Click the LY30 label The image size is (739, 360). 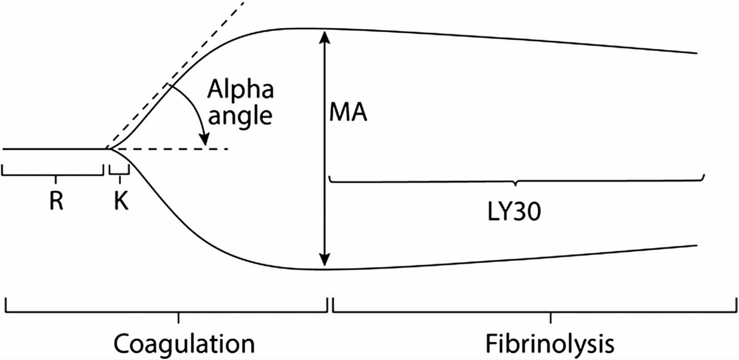(514, 212)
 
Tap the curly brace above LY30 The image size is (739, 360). (516, 181)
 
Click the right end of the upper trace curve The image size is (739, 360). (696, 53)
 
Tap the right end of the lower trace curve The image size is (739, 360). (696, 245)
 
